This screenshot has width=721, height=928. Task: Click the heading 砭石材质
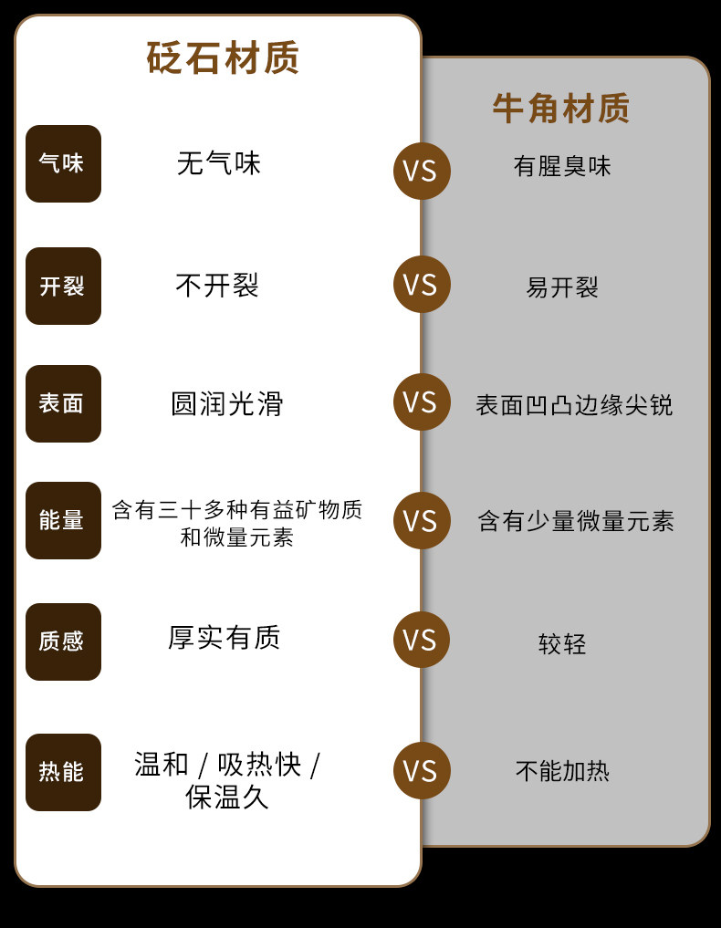point(223,57)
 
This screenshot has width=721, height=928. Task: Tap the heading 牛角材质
point(560,109)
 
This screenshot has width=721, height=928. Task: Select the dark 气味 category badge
point(63,163)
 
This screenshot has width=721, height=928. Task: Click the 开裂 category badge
point(63,286)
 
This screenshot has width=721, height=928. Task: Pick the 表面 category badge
point(63,403)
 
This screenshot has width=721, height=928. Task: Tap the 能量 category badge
point(63,520)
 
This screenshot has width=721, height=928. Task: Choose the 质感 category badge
point(63,641)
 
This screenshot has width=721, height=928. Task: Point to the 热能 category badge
point(63,772)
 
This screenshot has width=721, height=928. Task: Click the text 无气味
point(218,163)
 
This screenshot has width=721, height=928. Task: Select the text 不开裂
point(217,286)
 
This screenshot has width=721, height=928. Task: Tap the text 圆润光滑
point(226,403)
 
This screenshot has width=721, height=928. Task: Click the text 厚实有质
point(224,638)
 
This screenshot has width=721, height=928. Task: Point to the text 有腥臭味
point(562,166)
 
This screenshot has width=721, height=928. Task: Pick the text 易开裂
point(562,287)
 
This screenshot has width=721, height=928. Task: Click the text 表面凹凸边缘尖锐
point(574,405)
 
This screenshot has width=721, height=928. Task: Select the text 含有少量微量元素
point(576,521)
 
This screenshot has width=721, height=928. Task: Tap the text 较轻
point(562,644)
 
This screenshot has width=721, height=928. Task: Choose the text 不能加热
point(562,771)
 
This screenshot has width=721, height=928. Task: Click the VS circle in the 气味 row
point(422,171)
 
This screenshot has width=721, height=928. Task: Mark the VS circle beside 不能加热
point(422,770)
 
